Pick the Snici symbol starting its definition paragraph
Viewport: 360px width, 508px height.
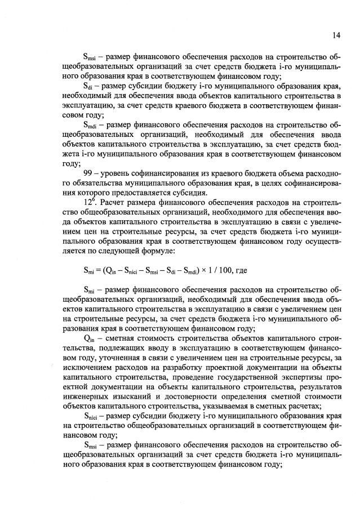click(x=91, y=416)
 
